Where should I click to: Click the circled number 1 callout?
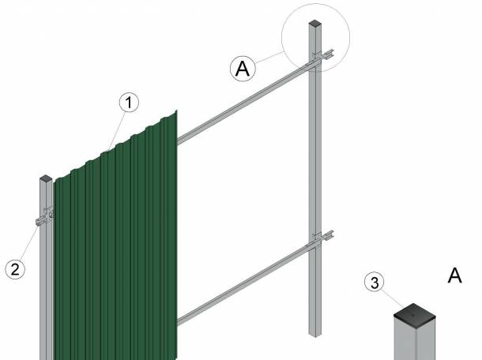pyautogui.click(x=129, y=103)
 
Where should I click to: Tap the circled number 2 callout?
pyautogui.click(x=15, y=269)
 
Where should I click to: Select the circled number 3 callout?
pyautogui.click(x=374, y=283)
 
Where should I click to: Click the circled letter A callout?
pyautogui.click(x=243, y=69)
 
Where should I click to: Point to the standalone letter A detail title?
pyautogui.click(x=454, y=276)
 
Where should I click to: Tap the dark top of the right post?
pyautogui.click(x=314, y=23)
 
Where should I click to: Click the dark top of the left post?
pyautogui.click(x=46, y=178)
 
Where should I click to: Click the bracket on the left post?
pyautogui.click(x=45, y=216)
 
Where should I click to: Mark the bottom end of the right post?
pyautogui.click(x=314, y=335)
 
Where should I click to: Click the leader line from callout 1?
pyautogui.click(x=118, y=131)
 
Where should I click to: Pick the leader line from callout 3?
pyautogui.click(x=394, y=299)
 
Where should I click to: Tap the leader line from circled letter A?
pyautogui.click(x=269, y=57)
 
